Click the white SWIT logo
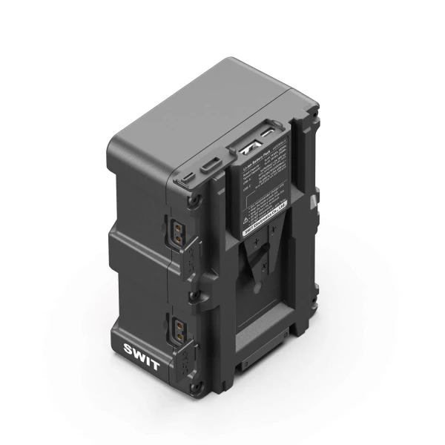point(142,349)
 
